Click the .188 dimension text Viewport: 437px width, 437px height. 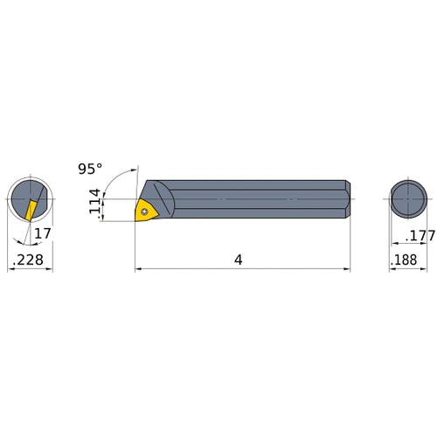coord(405,260)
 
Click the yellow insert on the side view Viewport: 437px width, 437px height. coord(145,210)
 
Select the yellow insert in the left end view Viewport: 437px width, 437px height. coord(31,211)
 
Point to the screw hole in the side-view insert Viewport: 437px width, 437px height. coord(144,210)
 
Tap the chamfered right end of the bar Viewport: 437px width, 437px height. coord(348,199)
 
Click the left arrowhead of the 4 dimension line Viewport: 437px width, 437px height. coord(138,269)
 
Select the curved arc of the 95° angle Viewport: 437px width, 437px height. coord(112,177)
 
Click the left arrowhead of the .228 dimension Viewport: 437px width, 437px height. coord(10,269)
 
